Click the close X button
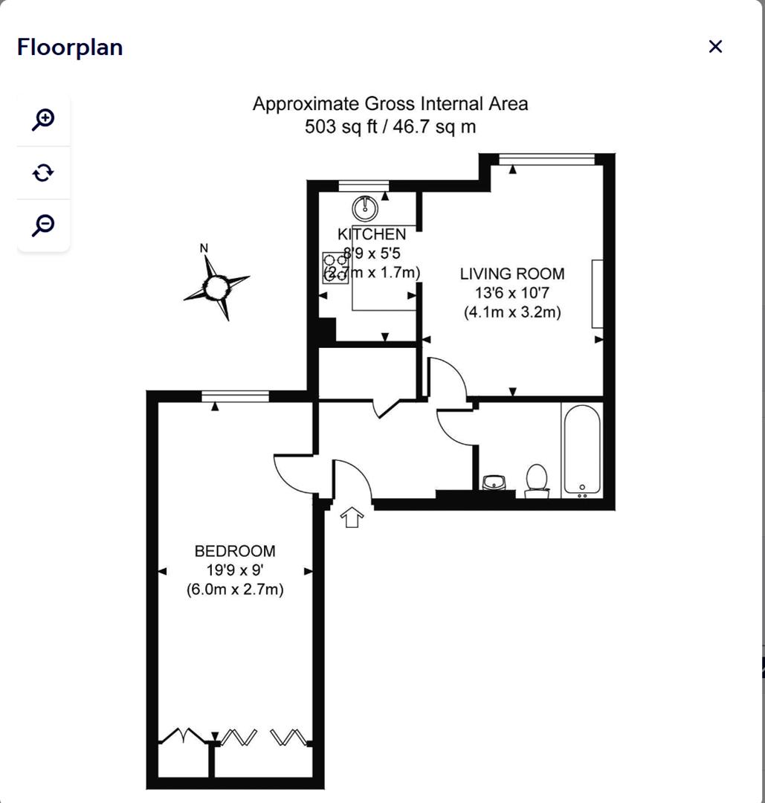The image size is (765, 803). point(715,47)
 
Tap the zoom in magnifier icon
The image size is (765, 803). point(44,119)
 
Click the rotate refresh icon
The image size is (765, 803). point(44,172)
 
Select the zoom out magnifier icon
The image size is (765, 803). point(44,225)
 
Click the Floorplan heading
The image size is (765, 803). point(70,47)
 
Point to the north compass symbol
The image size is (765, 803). point(216,286)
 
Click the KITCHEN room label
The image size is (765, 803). point(372,235)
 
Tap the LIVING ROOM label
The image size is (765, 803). point(512,274)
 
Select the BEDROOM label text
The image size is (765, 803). point(235,551)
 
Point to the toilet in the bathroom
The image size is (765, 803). point(536,480)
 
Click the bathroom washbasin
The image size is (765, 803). point(494,483)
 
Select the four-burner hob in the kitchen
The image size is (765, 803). point(335,268)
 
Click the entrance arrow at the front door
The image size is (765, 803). point(351,517)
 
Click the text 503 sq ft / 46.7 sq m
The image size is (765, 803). point(390,126)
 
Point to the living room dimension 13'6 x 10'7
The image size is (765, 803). point(512,293)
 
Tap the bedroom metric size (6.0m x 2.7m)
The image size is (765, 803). point(235,590)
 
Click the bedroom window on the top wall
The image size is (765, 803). point(235,396)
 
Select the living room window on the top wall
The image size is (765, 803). point(546,158)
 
